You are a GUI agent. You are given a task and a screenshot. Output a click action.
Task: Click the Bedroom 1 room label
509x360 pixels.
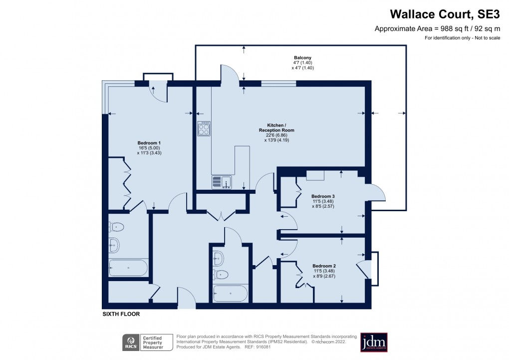tap(149, 143)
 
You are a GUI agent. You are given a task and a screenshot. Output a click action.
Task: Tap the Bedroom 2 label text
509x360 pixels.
tap(324, 266)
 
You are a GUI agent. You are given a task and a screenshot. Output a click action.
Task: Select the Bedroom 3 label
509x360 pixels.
tap(323, 196)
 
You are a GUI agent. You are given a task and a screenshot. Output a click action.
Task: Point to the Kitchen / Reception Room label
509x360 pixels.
tap(276, 128)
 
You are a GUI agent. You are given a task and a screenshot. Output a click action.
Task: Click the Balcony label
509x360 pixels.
tap(302, 57)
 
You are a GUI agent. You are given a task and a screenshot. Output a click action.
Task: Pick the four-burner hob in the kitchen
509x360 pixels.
tap(204, 128)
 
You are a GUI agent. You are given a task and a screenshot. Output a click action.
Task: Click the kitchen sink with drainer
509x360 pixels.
tap(222, 182)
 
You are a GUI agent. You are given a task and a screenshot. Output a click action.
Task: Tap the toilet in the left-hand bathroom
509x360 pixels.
tap(116, 227)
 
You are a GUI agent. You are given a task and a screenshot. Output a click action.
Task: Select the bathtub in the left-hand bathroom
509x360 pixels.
tap(128, 268)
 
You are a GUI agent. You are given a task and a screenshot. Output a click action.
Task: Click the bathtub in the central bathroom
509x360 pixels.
tap(230, 294)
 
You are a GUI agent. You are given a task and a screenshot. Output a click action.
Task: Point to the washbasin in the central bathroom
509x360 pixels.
tap(218, 259)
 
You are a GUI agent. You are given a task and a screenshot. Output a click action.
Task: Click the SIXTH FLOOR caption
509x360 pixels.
tap(121, 314)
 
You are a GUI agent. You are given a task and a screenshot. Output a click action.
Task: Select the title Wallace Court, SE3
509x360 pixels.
tap(445, 14)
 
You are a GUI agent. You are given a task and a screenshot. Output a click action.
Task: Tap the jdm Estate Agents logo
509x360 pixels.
tap(374, 342)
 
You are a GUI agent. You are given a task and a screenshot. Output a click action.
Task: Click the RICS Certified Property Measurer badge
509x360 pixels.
tap(148, 343)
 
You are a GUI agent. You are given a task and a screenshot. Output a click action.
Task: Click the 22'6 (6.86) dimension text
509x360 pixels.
tap(276, 135)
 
